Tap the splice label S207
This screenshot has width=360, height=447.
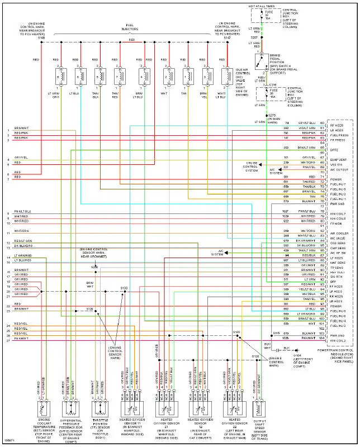255,37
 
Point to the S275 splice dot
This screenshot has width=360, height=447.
268,114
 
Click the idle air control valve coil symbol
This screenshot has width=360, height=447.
227,75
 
